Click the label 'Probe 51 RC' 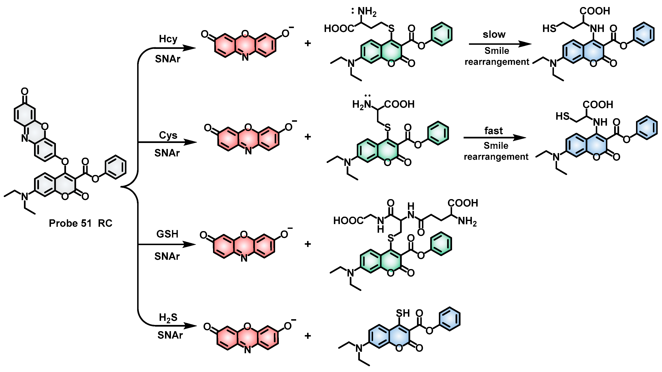[80, 223]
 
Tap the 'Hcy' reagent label [168, 39]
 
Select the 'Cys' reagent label [168, 135]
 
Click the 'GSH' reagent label [167, 234]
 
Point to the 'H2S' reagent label [168, 318]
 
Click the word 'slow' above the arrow [494, 34]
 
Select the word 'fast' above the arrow [494, 131]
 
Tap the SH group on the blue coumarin [403, 313]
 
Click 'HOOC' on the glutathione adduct [348, 221]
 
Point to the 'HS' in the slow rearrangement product [549, 28]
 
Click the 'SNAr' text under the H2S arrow [170, 335]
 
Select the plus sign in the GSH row [308, 244]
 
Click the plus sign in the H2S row [308, 335]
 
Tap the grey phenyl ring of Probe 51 [116, 167]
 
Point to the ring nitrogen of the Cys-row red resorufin [248, 151]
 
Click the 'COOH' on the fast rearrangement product [598, 105]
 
